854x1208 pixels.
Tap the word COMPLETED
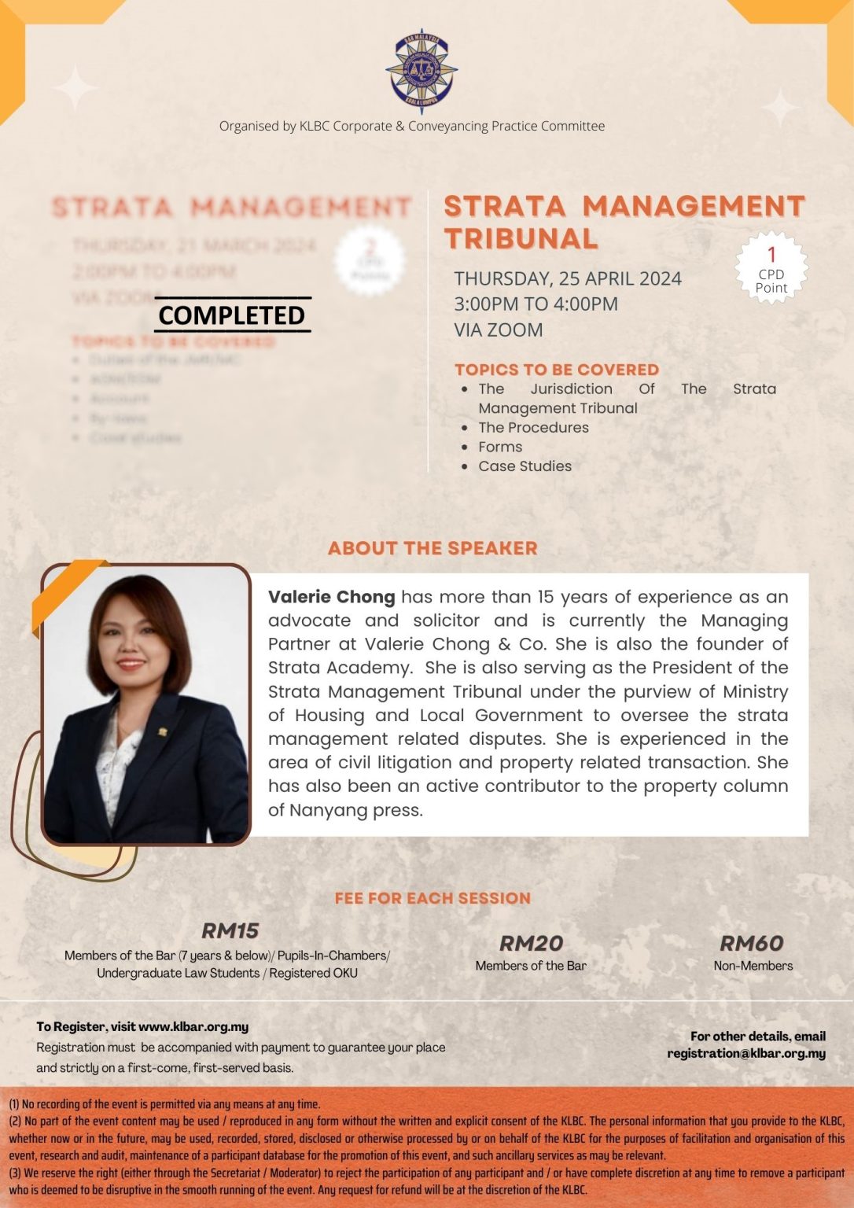[x=232, y=315]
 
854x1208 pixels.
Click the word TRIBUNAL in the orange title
[x=521, y=238]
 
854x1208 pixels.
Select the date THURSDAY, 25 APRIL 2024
[x=567, y=278]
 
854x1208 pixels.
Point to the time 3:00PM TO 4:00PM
[x=536, y=304]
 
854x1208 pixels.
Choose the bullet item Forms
[x=500, y=447]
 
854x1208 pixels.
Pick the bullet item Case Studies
[x=525, y=466]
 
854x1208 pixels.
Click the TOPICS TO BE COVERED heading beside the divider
[x=557, y=370]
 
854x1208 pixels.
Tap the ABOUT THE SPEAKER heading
[x=433, y=548]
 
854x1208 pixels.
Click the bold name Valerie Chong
[x=331, y=597]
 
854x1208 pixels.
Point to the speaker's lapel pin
[x=164, y=731]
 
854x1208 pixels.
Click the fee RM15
[x=230, y=930]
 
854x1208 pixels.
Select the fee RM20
[x=531, y=943]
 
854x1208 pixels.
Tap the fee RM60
[x=752, y=943]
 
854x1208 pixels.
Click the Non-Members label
[x=753, y=966]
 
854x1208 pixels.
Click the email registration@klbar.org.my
[x=746, y=1053]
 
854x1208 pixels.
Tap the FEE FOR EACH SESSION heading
[x=433, y=898]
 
